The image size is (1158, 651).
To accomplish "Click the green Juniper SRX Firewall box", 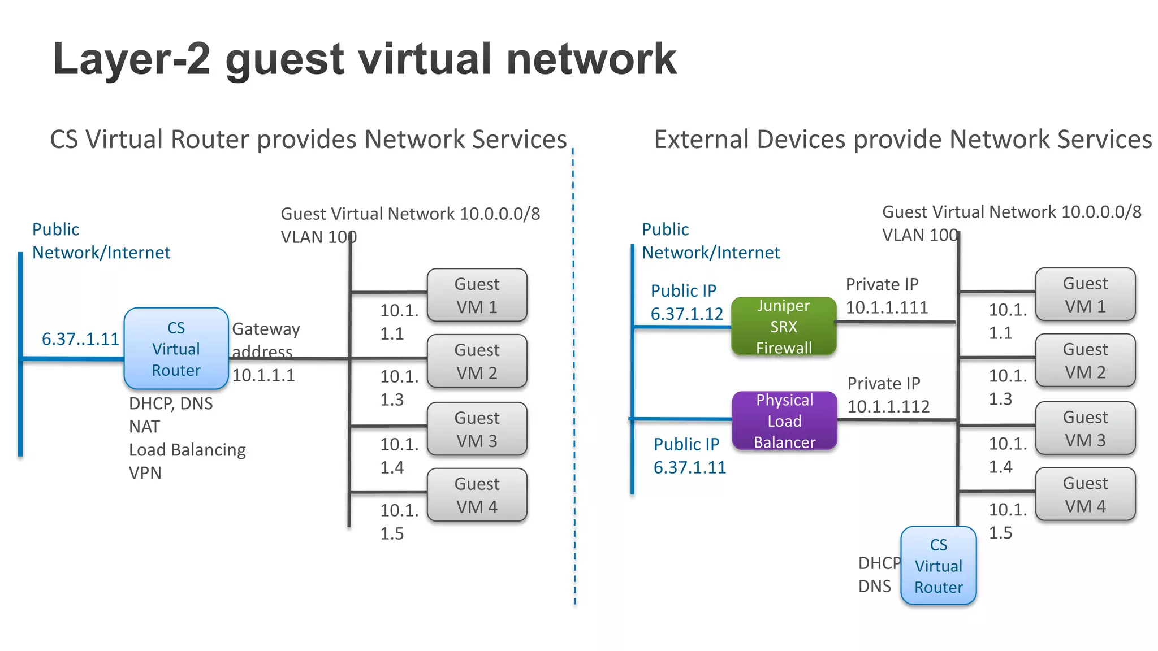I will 784,327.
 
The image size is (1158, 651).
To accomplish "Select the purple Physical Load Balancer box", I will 784,421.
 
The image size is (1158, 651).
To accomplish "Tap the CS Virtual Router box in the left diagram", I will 176,349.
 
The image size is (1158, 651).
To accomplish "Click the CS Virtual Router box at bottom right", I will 939,566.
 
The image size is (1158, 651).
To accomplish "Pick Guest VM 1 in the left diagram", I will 477,295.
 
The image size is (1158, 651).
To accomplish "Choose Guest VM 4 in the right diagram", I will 1085,494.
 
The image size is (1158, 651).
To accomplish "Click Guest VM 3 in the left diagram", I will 477,429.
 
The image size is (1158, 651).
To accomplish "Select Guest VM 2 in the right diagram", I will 1085,361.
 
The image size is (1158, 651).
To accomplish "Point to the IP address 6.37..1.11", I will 80,339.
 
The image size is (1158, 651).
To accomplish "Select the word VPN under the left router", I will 145,473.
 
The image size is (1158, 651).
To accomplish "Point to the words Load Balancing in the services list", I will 187,450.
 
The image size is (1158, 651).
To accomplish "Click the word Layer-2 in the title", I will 131,59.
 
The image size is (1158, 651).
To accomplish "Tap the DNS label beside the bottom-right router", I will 874,587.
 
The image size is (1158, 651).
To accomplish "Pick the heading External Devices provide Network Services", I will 902,140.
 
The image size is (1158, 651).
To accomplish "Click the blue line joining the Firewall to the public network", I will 682,327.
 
